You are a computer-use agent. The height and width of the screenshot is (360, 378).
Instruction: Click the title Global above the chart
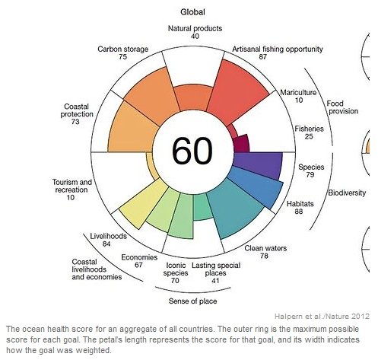point(191,11)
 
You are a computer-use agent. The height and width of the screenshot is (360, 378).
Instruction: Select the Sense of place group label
point(190,298)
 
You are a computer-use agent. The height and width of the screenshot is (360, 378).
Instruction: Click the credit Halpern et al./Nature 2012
point(322,315)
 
